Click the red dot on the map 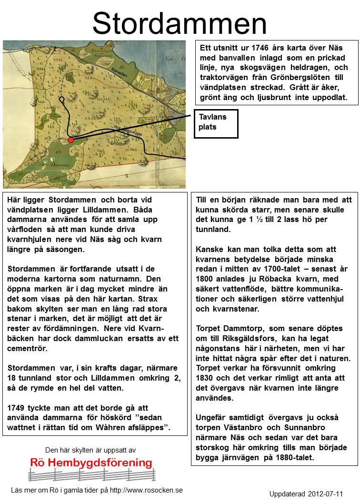70,140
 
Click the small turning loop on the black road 62,100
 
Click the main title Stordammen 180,24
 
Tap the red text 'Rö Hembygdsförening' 91,463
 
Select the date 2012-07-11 326,494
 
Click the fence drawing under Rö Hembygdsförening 92,474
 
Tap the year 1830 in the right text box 205,378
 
